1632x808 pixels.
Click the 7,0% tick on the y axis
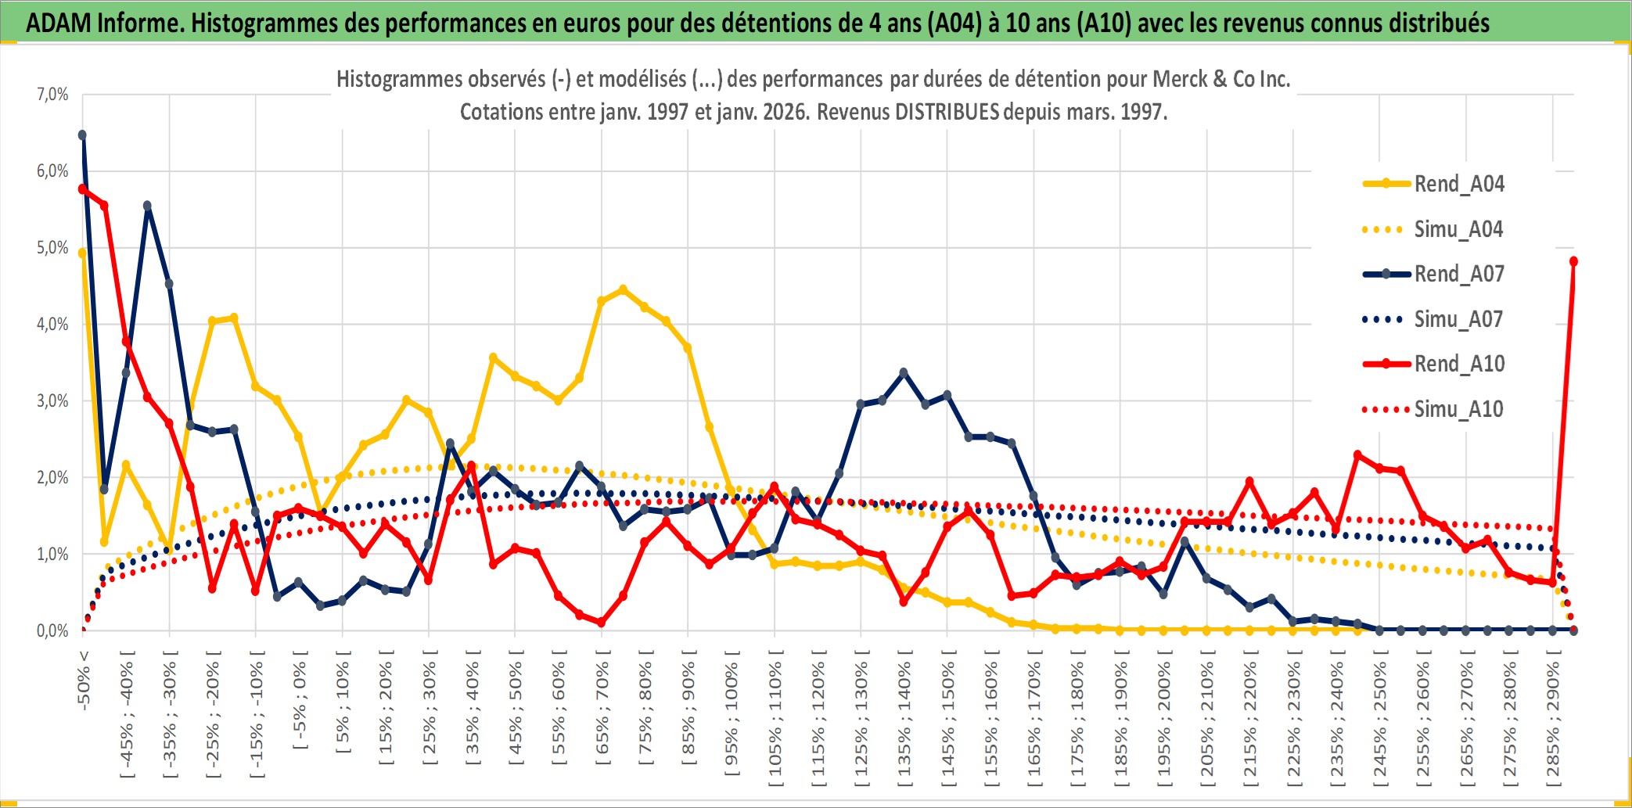click(52, 95)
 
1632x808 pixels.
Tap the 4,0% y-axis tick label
click(52, 324)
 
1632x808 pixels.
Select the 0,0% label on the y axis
click(52, 630)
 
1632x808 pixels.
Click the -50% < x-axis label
click(84, 680)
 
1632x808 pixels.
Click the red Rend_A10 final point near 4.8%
click(1573, 261)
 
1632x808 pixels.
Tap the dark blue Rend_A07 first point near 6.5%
click(82, 135)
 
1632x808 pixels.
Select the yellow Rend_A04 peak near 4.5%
click(623, 289)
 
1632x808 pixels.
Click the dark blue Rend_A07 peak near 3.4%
click(904, 372)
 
